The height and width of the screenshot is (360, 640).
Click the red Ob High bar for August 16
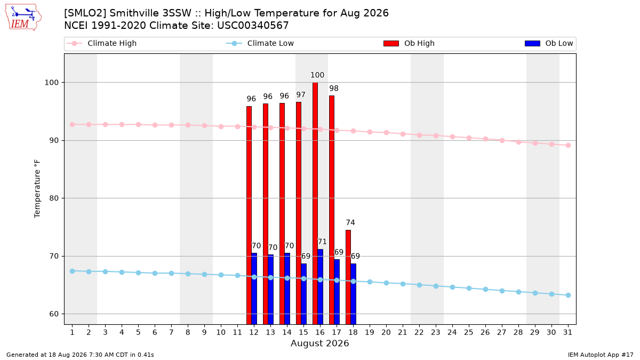[x=315, y=203]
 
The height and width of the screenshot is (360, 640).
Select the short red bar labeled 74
[x=348, y=277]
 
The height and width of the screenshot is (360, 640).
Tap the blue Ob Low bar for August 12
[x=254, y=289]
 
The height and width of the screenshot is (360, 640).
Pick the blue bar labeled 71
[x=321, y=287]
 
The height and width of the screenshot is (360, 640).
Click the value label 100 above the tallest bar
[x=317, y=75]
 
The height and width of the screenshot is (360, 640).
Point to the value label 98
[x=334, y=89]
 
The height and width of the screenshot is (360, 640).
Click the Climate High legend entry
[x=101, y=43]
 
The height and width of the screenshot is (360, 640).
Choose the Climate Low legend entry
[x=260, y=43]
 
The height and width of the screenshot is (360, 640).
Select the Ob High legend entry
[x=409, y=43]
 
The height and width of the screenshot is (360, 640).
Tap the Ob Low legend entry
[x=549, y=43]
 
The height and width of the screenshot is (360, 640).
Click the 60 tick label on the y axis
[x=54, y=314]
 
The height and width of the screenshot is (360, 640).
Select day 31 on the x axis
[x=567, y=332]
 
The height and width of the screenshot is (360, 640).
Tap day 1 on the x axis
[x=72, y=332]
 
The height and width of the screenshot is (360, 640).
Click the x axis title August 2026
[x=319, y=343]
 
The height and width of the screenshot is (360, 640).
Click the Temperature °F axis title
[x=37, y=189]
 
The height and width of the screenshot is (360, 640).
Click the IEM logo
[x=23, y=18]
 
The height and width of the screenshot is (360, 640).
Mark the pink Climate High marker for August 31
[x=568, y=145]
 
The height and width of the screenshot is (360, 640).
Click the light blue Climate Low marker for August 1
[x=73, y=271]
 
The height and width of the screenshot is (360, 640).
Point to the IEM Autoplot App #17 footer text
[x=601, y=355]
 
